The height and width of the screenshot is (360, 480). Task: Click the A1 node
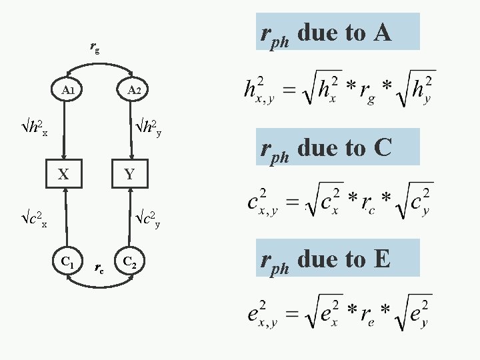[x=67, y=89]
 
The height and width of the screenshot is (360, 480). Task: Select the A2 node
[x=133, y=90]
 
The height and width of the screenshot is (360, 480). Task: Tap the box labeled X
[x=63, y=175]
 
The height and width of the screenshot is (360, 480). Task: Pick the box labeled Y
[x=130, y=175]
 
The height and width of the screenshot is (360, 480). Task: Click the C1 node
[x=67, y=260]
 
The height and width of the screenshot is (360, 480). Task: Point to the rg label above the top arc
[x=95, y=48]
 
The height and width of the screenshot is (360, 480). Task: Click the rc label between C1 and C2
[x=99, y=267]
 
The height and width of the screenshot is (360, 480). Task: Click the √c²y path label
[x=149, y=219]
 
